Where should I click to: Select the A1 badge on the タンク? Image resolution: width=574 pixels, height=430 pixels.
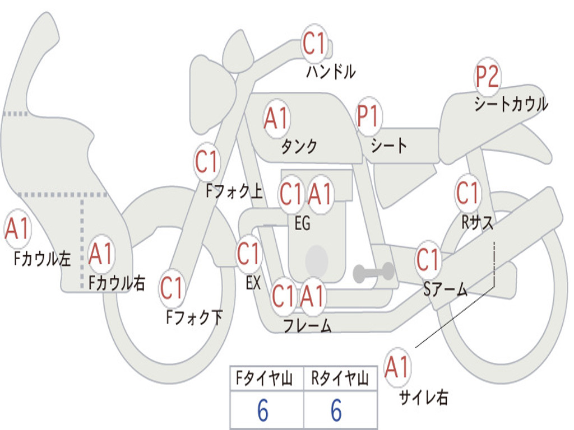(x=276, y=118)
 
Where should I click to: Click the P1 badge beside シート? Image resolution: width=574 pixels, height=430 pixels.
(x=368, y=116)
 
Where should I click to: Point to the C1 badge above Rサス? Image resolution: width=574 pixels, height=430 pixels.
(x=467, y=193)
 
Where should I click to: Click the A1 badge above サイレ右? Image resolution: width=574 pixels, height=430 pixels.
(x=397, y=367)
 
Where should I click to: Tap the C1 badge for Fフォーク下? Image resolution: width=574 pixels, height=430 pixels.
(x=172, y=288)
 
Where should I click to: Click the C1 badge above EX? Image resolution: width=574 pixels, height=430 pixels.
(x=248, y=255)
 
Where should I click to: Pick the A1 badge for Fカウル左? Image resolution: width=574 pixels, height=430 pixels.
(x=17, y=230)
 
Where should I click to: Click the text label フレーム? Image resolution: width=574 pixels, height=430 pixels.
(x=307, y=325)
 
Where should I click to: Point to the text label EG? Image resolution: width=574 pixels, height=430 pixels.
(x=302, y=223)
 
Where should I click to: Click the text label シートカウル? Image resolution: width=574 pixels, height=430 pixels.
(x=511, y=104)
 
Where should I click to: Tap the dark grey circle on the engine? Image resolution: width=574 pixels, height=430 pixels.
(x=317, y=259)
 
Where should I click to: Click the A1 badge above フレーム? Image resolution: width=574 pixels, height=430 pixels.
(x=312, y=296)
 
